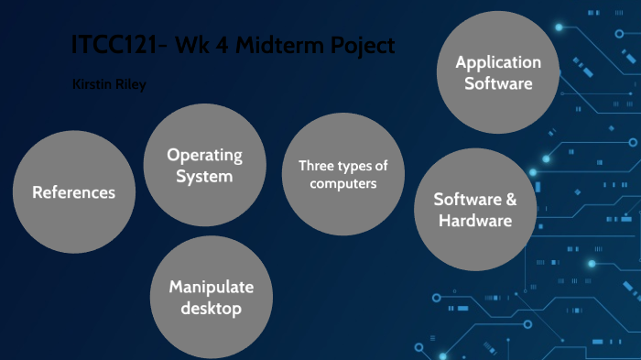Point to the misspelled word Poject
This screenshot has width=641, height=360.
pyautogui.click(x=364, y=45)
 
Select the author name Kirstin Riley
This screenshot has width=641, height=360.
pyautogui.click(x=108, y=84)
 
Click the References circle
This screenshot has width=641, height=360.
pyautogui.click(x=74, y=192)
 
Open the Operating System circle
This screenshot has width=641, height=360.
pyautogui.click(x=204, y=165)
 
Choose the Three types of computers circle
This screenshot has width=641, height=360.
pyautogui.click(x=343, y=174)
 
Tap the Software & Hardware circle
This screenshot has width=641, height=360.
pyautogui.click(x=474, y=210)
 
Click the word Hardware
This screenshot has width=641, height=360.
pyautogui.click(x=474, y=221)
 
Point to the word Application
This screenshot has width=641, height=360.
pyautogui.click(x=498, y=62)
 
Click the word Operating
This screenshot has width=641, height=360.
pyautogui.click(x=204, y=155)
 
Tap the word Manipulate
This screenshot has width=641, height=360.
pyautogui.click(x=211, y=287)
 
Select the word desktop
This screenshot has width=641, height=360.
pyautogui.click(x=211, y=309)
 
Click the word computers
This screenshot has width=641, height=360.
pyautogui.click(x=343, y=183)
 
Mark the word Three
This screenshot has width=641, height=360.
pyautogui.click(x=315, y=166)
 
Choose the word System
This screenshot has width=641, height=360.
pyautogui.click(x=204, y=176)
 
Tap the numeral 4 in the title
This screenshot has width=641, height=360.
pyautogui.click(x=235, y=45)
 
